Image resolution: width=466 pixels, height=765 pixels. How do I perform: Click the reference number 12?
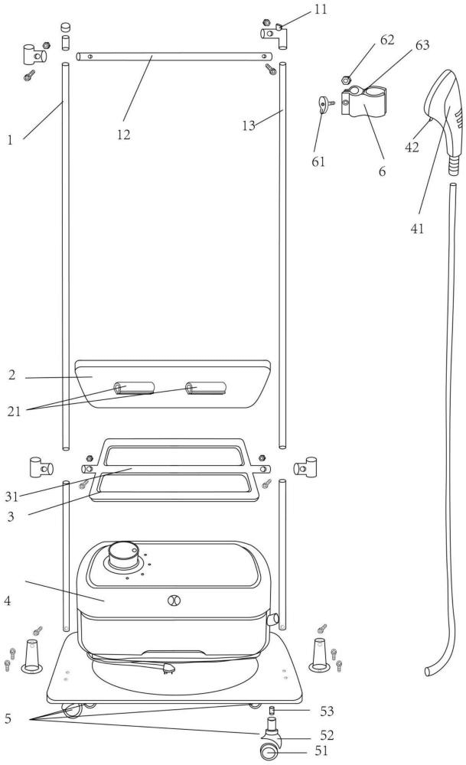pos(123,135)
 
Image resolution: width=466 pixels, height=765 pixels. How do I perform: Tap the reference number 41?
pos(417,228)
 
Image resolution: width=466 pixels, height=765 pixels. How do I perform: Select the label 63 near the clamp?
pos(422,45)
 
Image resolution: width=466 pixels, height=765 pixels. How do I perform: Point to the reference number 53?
pos(327,711)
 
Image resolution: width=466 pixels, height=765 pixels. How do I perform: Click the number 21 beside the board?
pos(14,412)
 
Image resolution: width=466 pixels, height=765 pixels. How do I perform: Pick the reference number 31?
pos(11,496)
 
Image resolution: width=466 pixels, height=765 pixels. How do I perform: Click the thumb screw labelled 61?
pos(324,104)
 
